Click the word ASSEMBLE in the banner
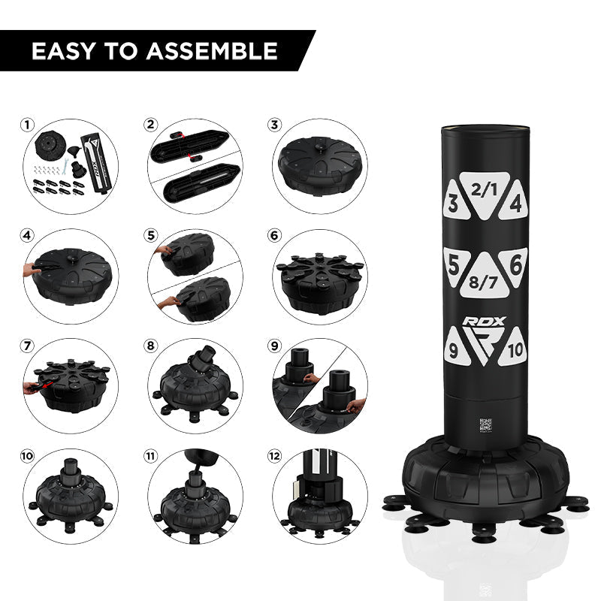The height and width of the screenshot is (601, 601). pyautogui.click(x=212, y=51)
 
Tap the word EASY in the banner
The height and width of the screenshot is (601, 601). pyautogui.click(x=63, y=51)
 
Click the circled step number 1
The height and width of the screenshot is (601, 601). pyautogui.click(x=27, y=125)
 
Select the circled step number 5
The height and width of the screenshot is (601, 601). pyautogui.click(x=151, y=235)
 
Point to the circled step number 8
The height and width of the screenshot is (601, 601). pyautogui.click(x=151, y=346)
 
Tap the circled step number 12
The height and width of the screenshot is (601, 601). pyautogui.click(x=274, y=456)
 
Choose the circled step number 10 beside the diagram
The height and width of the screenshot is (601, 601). pyautogui.click(x=27, y=456)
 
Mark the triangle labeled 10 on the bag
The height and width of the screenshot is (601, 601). pyautogui.click(x=514, y=349)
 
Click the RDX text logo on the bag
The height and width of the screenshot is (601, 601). pyautogui.click(x=484, y=322)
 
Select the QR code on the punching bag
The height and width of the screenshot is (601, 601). pyautogui.click(x=485, y=424)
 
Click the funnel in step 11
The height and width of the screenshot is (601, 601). pyautogui.click(x=201, y=458)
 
